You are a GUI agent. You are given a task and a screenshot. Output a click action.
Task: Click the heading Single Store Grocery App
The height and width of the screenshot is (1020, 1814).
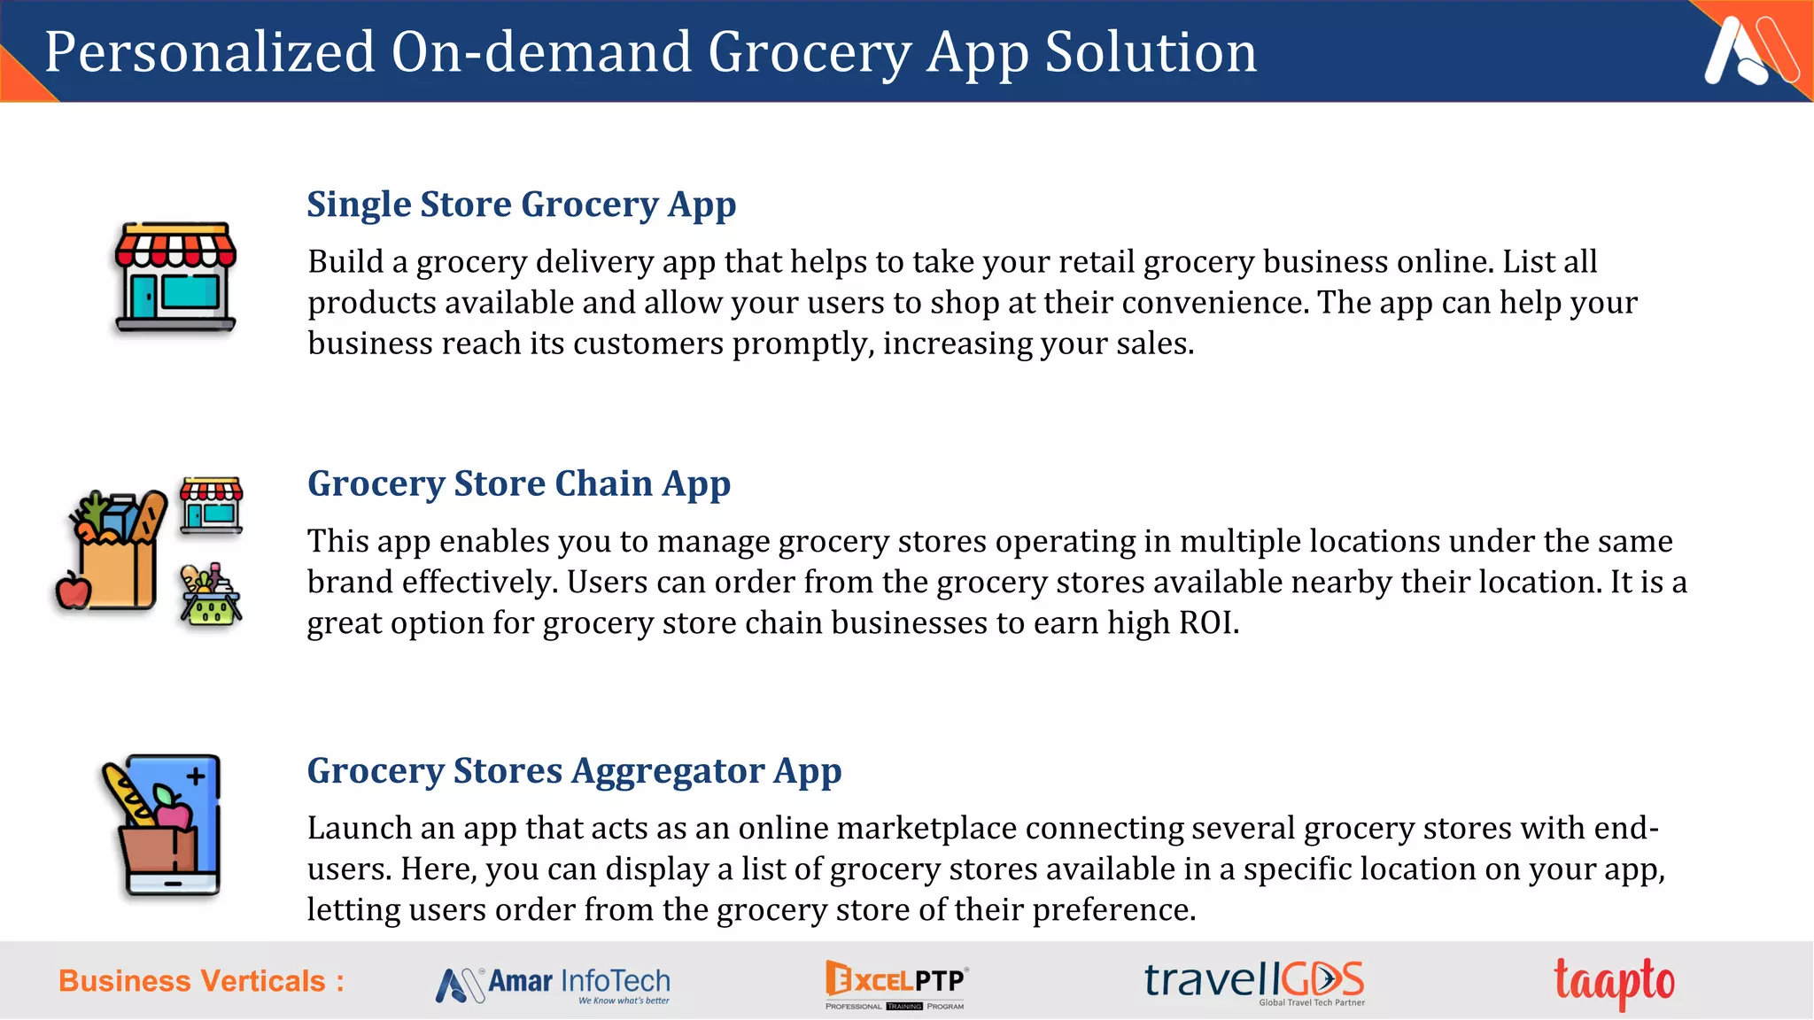point(521,205)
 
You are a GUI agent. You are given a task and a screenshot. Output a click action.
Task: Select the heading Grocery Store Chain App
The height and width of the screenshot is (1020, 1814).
point(518,483)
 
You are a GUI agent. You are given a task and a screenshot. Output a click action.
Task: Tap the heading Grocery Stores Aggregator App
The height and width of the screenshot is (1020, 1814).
point(574,770)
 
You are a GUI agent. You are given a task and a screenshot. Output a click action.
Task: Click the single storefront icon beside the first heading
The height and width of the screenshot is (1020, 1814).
point(175,277)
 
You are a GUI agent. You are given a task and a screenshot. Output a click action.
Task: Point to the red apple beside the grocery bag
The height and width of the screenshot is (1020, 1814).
point(73,591)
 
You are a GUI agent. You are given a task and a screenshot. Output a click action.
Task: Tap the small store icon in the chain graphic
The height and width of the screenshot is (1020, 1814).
point(211,505)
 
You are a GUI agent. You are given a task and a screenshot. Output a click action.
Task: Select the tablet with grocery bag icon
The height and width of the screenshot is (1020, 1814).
point(164,825)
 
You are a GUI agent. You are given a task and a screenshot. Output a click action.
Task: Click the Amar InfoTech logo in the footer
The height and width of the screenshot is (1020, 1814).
point(554,984)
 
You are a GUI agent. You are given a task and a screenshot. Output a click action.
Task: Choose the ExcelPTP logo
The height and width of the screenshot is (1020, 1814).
point(895,984)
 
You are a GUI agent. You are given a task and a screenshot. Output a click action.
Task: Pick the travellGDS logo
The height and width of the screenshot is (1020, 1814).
point(1254,982)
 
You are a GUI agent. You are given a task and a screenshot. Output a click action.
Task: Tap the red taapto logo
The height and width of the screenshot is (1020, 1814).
point(1614,982)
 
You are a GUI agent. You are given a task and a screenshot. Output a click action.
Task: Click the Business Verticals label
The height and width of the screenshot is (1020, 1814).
point(201,981)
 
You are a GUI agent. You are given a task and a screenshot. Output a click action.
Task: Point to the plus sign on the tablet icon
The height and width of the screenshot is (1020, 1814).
point(196,777)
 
